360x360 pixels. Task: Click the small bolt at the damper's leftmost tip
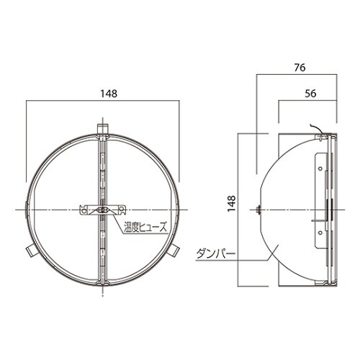point(258,210)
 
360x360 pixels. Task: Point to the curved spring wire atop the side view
point(315,130)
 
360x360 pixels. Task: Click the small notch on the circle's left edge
point(24,209)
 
